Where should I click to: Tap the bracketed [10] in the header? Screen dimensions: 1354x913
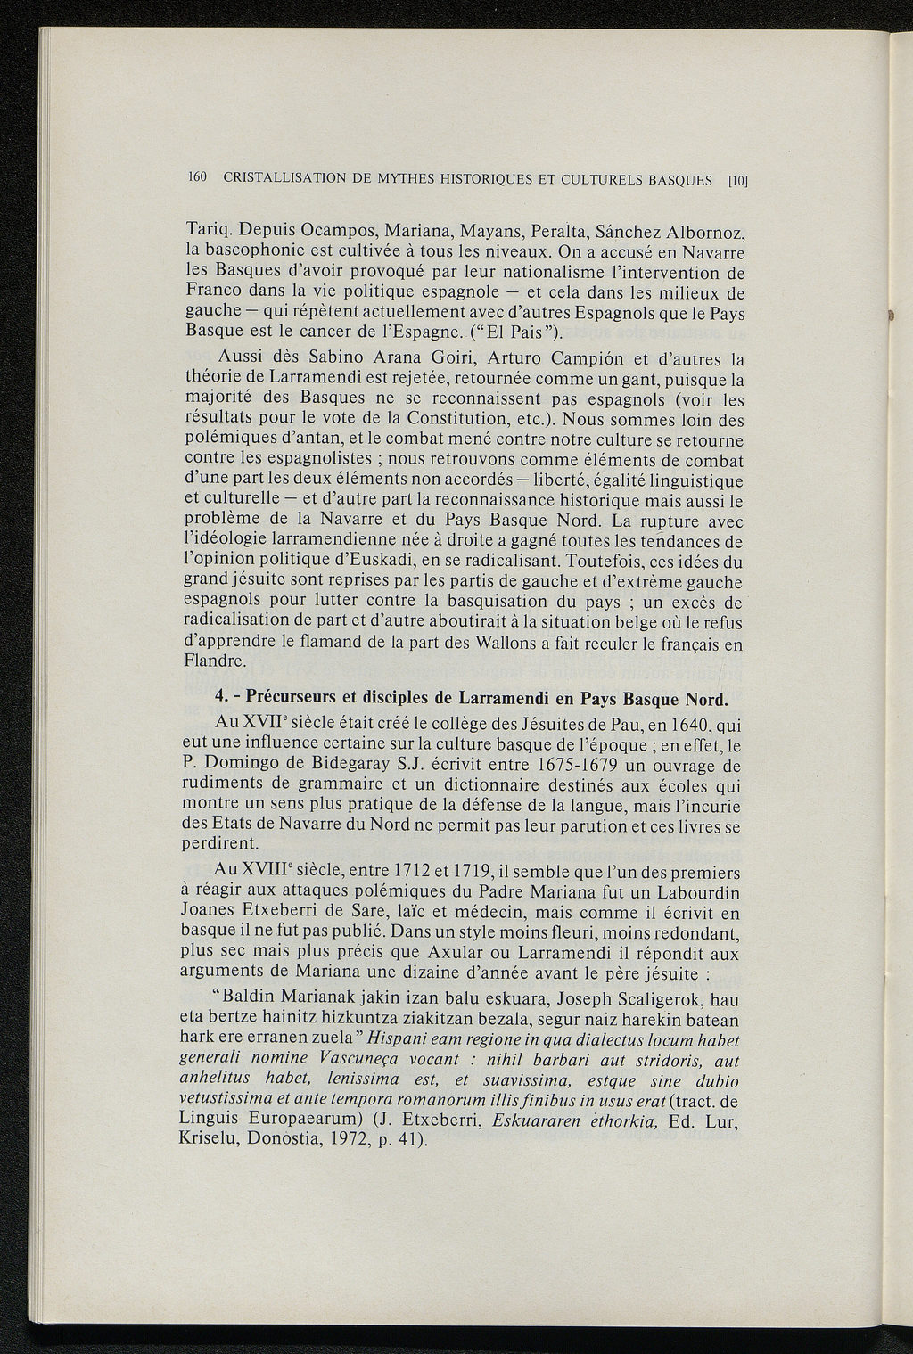tap(736, 181)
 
